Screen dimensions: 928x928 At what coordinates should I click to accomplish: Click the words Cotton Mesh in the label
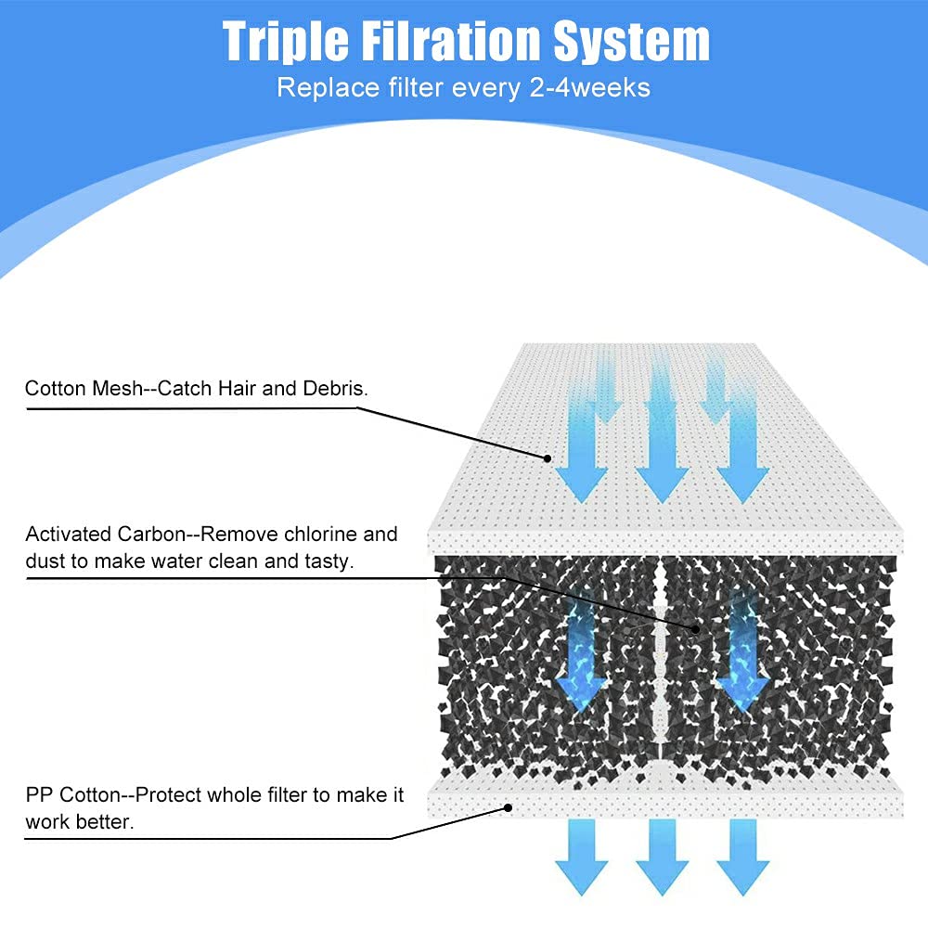pos(84,388)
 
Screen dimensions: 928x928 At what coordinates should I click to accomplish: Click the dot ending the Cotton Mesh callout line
pos(548,458)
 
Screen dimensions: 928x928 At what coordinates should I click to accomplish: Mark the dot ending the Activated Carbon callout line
pos(695,628)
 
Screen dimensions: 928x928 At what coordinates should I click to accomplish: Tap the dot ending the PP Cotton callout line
pos(509,807)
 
